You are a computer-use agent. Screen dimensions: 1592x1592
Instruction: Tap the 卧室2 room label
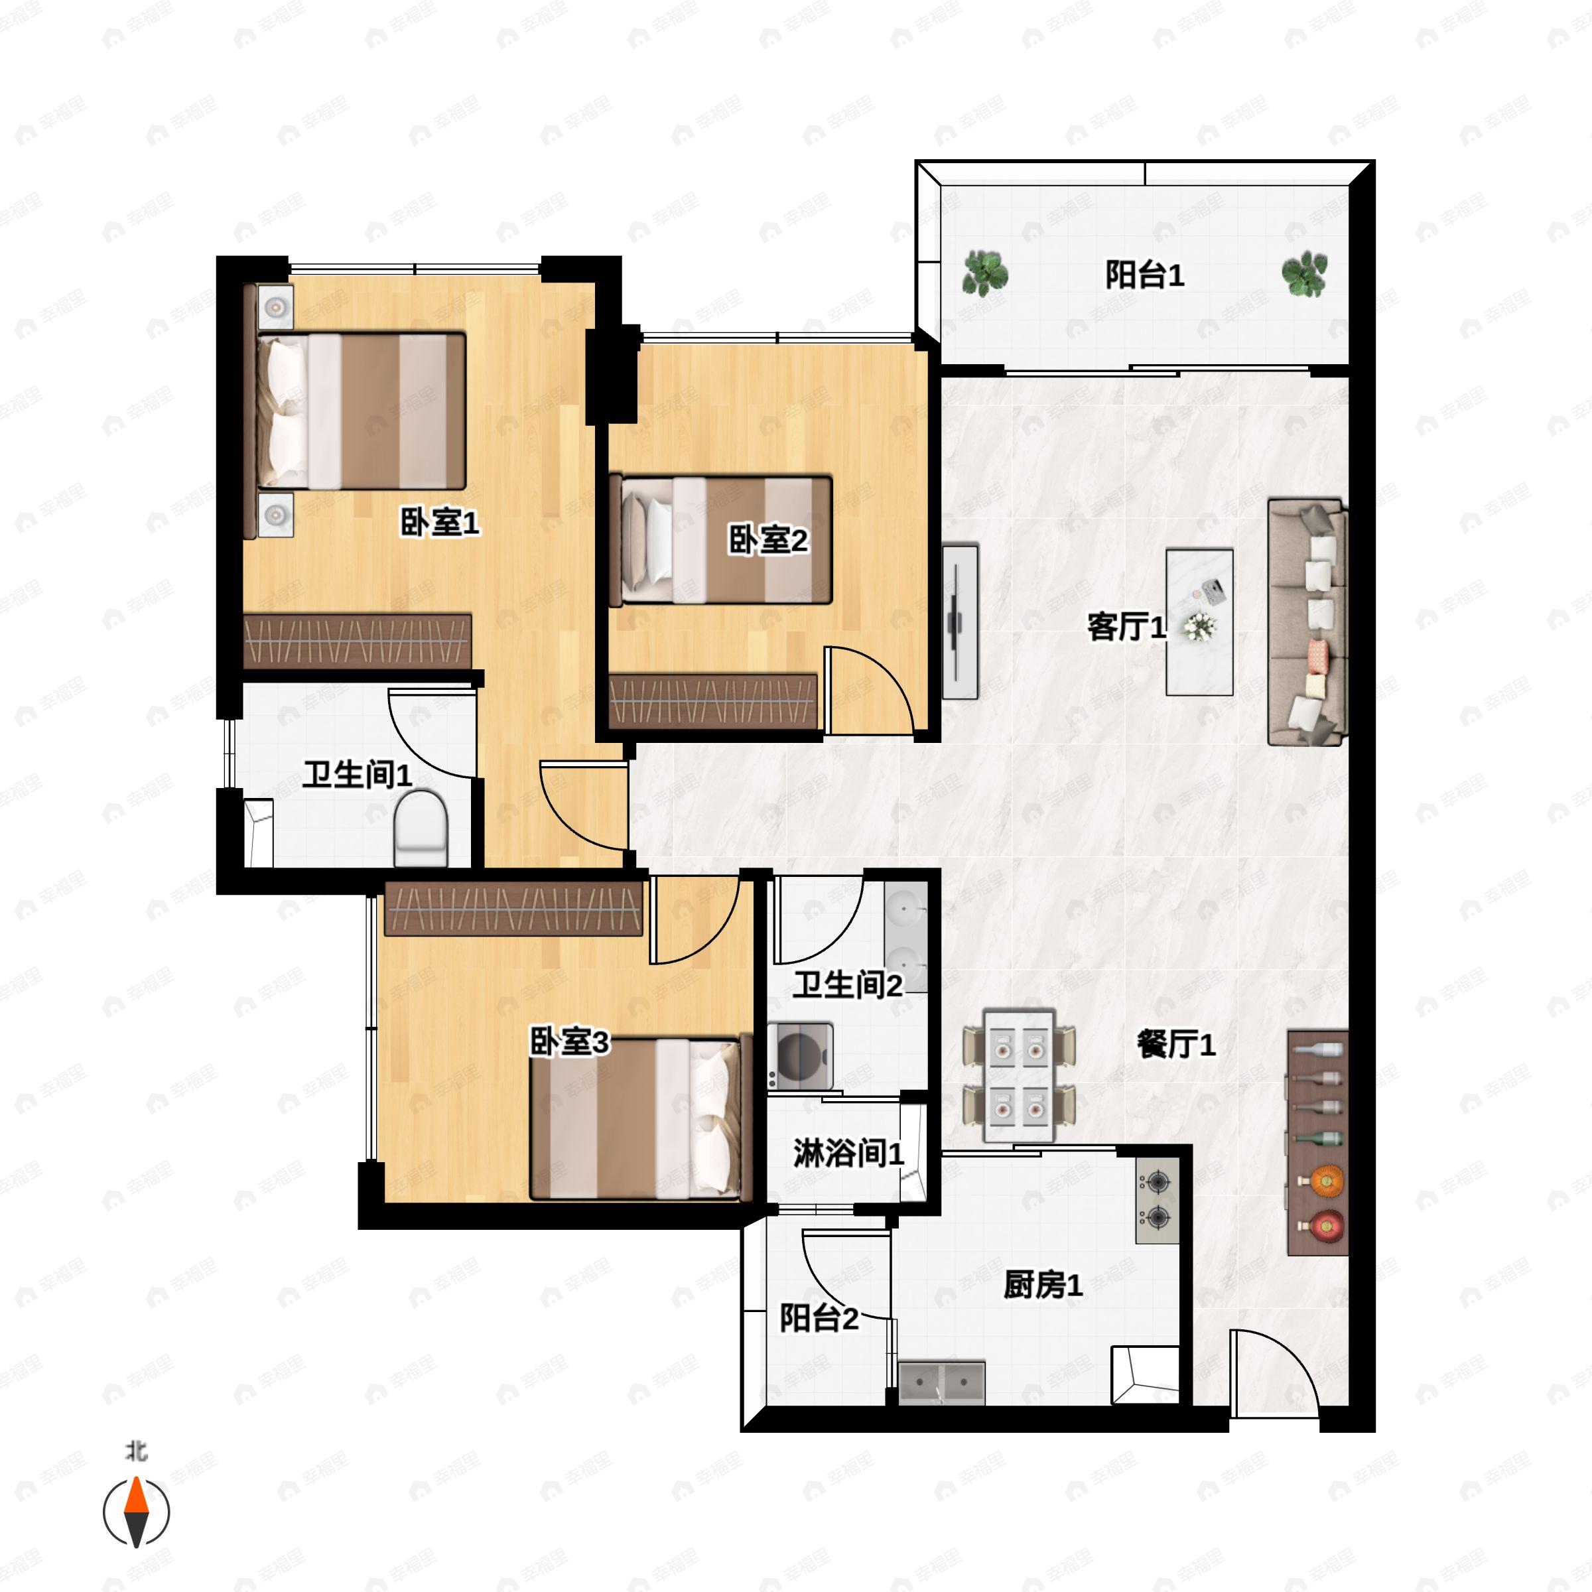pyautogui.click(x=767, y=541)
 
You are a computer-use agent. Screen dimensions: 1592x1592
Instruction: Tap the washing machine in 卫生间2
pyautogui.click(x=799, y=1055)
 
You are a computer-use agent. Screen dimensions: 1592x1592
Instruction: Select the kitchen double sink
pyautogui.click(x=941, y=1382)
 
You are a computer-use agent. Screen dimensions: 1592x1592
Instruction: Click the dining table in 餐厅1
pyautogui.click(x=1020, y=1075)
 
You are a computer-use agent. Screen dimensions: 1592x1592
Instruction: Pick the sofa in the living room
pyautogui.click(x=1307, y=622)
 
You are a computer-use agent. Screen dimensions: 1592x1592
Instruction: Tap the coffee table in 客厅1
pyautogui.click(x=1199, y=622)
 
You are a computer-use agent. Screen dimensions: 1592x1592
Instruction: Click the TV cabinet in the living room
pyautogui.click(x=960, y=622)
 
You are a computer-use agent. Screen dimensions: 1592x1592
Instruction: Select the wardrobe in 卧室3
pyautogui.click(x=513, y=909)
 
